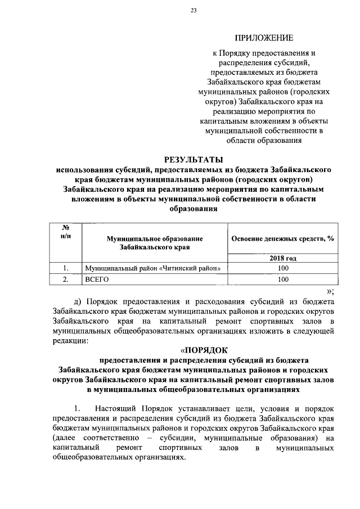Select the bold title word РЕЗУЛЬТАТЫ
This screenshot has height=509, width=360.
[193, 160]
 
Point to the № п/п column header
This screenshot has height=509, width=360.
[65, 231]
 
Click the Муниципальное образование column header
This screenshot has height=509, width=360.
[155, 242]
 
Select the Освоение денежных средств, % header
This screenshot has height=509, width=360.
[283, 238]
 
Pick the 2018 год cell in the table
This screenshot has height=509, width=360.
[283, 258]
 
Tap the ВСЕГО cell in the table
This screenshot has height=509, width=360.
[96, 279]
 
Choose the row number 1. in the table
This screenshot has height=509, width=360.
[65, 268]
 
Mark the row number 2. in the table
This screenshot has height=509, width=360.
[65, 279]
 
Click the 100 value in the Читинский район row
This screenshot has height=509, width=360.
[283, 268]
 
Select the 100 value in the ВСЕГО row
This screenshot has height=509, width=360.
[283, 279]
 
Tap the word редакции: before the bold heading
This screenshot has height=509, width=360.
[70, 341]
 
